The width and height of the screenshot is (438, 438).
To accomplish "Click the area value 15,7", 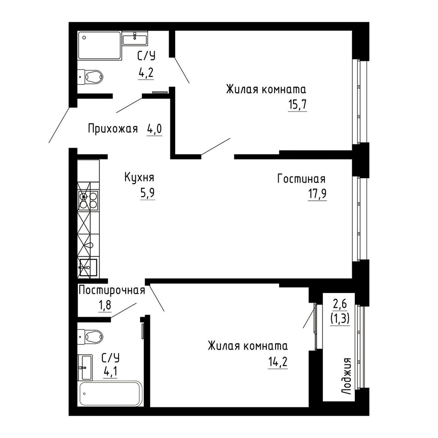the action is click(297, 105).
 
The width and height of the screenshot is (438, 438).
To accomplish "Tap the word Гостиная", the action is click(301, 179).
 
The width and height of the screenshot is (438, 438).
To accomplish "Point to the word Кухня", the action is click(139, 178).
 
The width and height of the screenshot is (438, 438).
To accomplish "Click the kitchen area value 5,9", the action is click(148, 193).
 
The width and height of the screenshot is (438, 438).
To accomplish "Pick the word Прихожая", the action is click(113, 129).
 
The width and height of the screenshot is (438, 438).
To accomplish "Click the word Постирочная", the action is click(112, 290).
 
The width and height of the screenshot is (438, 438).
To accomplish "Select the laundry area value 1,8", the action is click(105, 305).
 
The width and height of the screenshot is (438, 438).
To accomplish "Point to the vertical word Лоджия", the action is click(346, 376).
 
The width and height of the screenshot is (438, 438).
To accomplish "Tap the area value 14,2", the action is click(278, 362).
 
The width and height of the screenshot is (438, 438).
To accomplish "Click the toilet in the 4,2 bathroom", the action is click(90, 76).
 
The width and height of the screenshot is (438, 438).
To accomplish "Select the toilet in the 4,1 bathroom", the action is click(90, 337).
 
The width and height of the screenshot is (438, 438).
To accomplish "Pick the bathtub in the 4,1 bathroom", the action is click(111, 394).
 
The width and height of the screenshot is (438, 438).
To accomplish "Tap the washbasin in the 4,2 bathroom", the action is click(135, 38).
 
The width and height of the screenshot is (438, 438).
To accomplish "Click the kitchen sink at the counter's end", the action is click(88, 268).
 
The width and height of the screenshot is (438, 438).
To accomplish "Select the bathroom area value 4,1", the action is click(110, 372).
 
